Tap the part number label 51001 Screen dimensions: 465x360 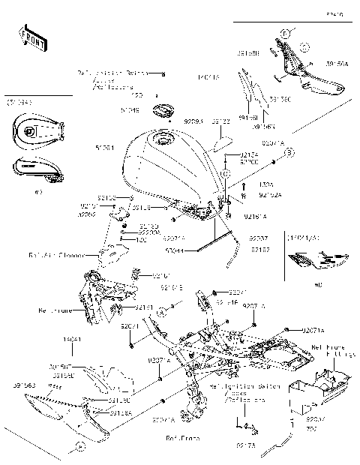tap(106, 148)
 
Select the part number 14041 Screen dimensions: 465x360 tap(71, 339)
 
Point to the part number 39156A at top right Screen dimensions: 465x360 tap(336, 64)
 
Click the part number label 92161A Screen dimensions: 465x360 tap(255, 215)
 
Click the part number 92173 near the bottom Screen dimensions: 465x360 tap(244, 445)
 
